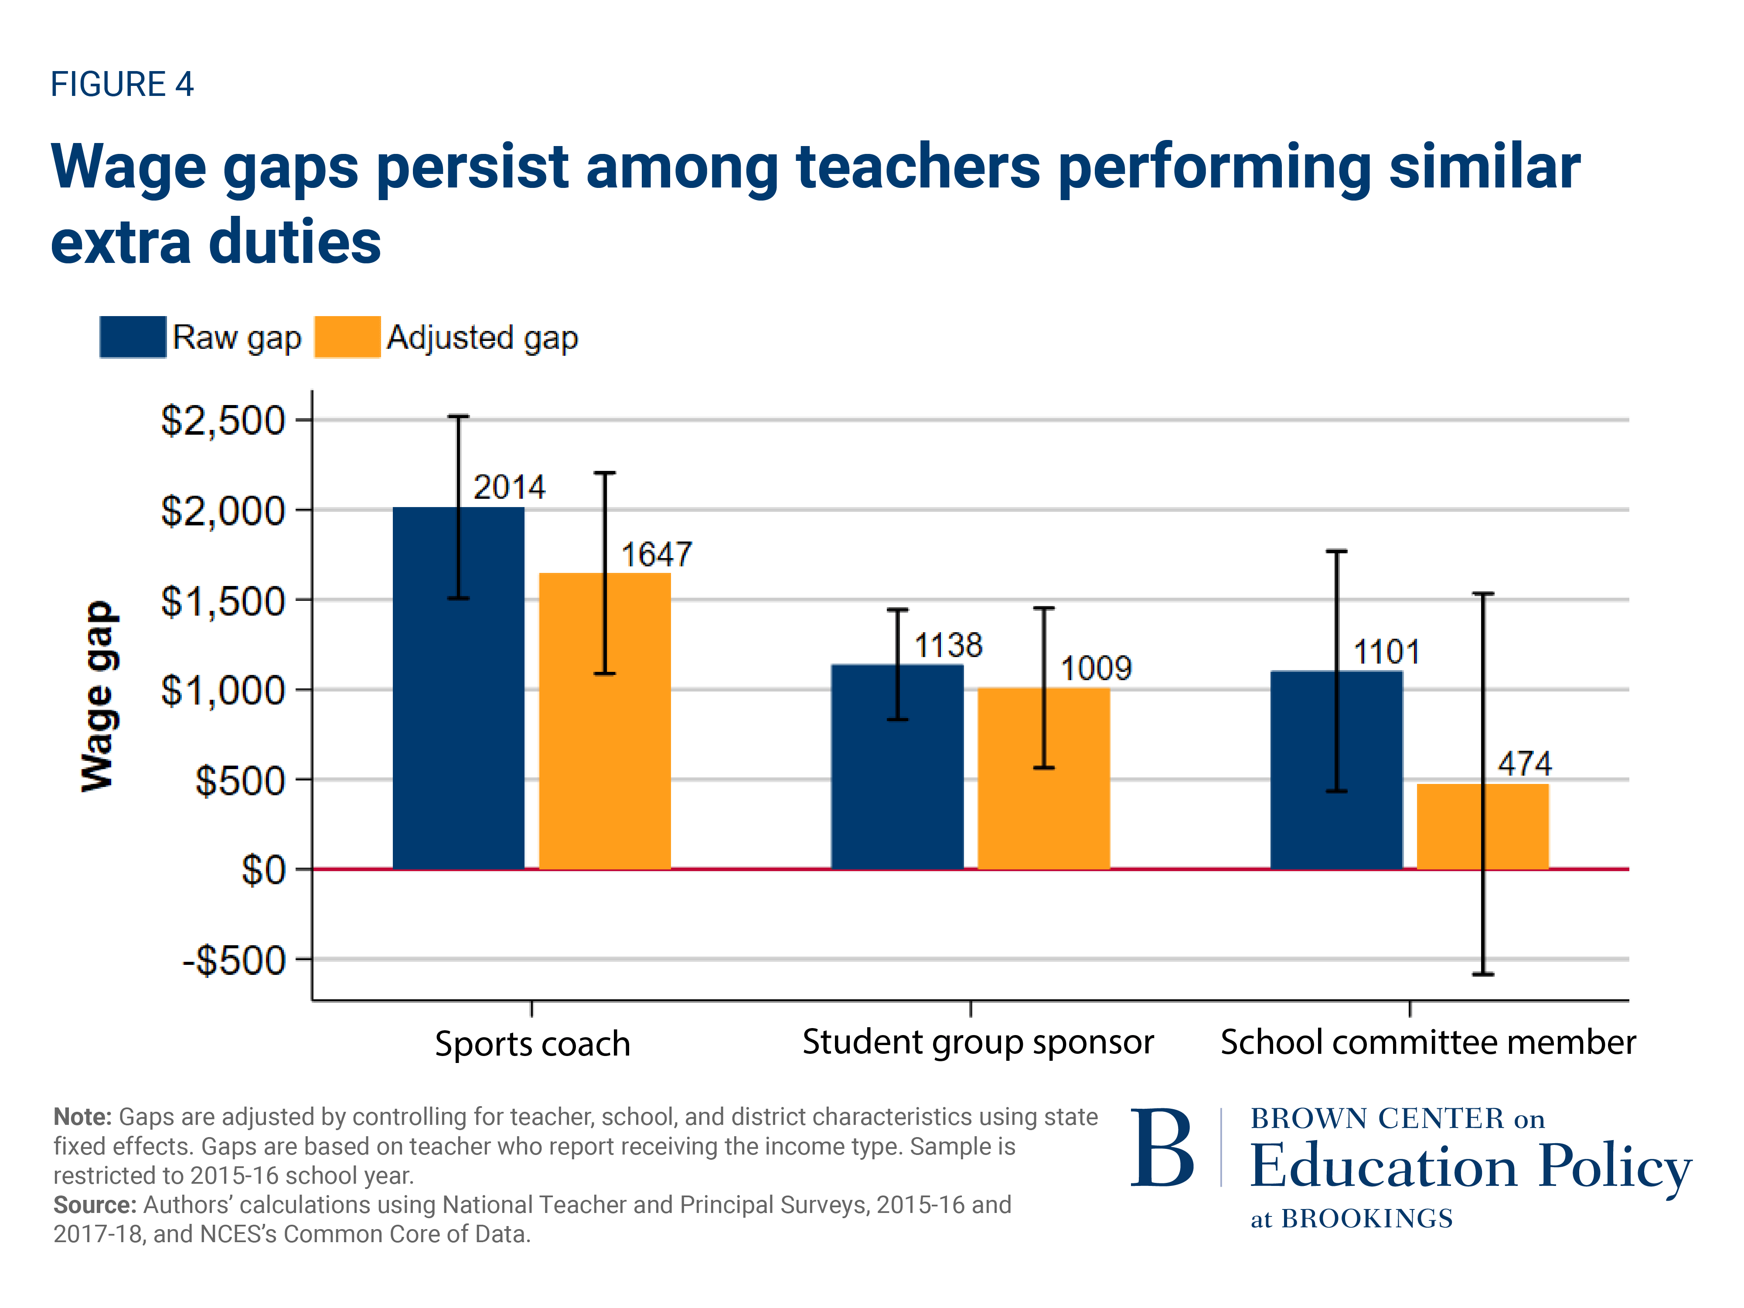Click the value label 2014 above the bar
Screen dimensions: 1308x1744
click(508, 487)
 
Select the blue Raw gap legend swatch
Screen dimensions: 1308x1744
click(133, 337)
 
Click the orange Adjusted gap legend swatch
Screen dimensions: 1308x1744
click(347, 337)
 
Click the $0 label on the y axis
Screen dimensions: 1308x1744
click(262, 870)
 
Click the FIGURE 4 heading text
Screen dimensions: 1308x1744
click(122, 84)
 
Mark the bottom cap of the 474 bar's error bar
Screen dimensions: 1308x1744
click(1482, 974)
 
